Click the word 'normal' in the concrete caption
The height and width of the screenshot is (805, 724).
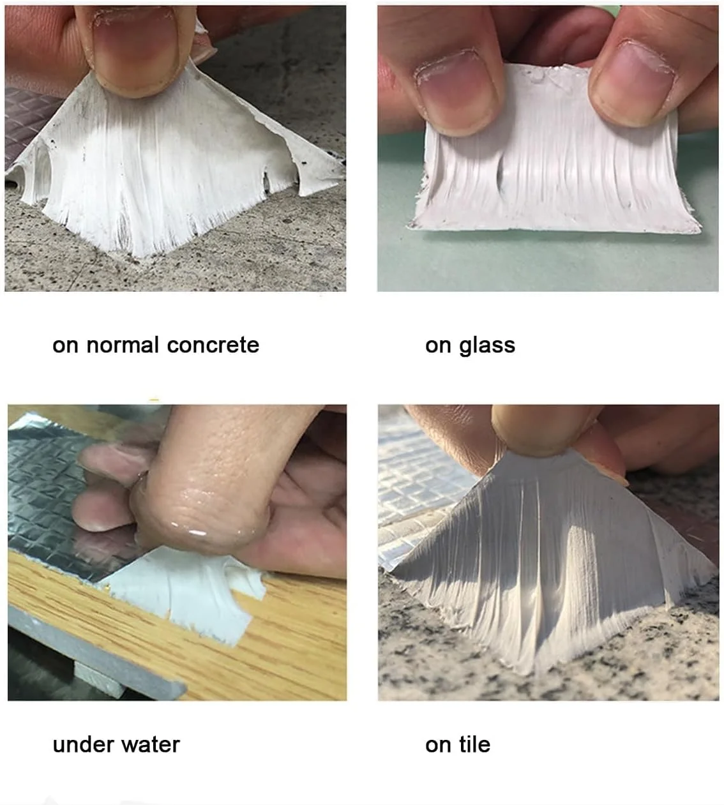pyautogui.click(x=123, y=345)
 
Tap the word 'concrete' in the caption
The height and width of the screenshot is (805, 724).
pyautogui.click(x=213, y=345)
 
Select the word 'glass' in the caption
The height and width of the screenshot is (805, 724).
pyautogui.click(x=486, y=346)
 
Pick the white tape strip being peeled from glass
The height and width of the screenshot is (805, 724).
pyautogui.click(x=554, y=160)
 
